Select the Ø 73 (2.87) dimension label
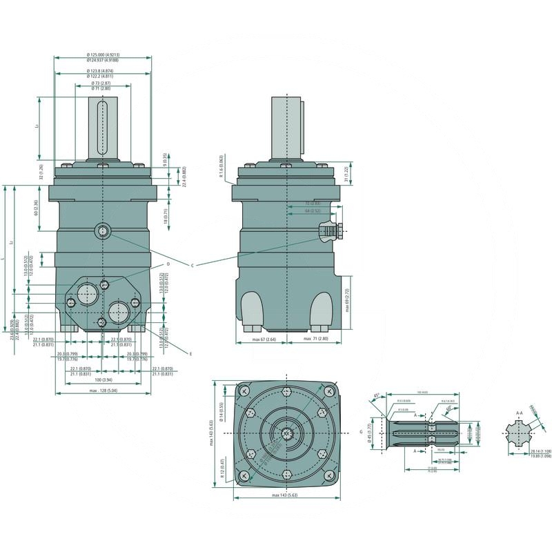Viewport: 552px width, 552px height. tap(101, 83)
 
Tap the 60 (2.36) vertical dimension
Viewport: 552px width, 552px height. tap(37, 208)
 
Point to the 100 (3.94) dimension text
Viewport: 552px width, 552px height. tap(103, 380)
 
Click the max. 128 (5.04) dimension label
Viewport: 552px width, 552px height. tap(103, 392)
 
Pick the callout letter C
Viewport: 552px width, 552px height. tap(193, 265)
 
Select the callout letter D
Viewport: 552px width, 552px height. tap(168, 264)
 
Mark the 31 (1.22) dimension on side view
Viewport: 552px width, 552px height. tap(347, 171)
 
